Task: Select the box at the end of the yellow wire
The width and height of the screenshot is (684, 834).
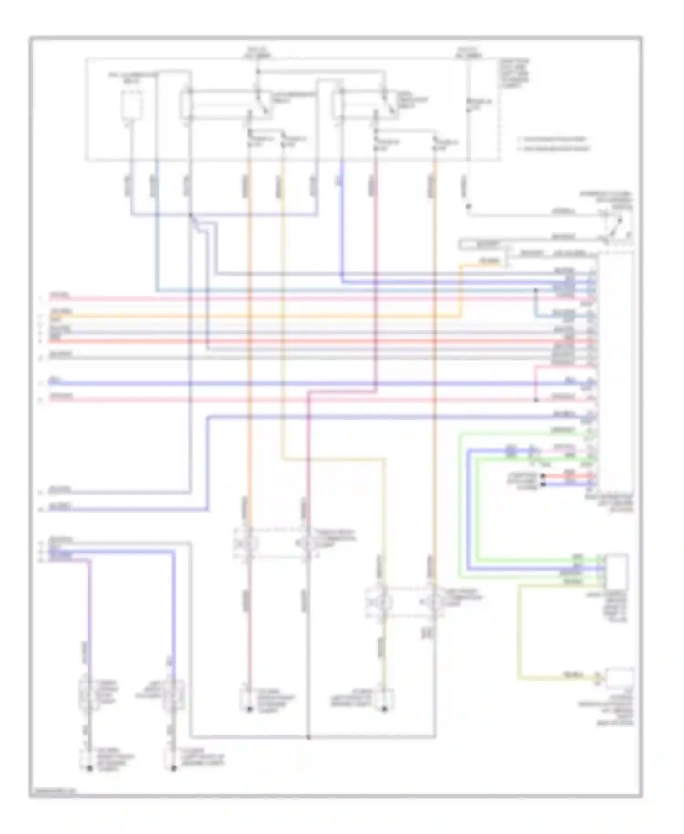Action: pos(619,677)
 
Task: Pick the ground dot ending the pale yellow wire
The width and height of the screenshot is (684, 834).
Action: pos(384,709)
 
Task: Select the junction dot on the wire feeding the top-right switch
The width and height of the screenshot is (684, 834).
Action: pos(468,206)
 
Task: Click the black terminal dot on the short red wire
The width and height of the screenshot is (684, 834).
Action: pos(543,476)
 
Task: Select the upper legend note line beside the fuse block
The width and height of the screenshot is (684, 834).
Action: pos(552,139)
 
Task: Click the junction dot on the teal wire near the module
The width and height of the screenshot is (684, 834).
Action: pos(536,290)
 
